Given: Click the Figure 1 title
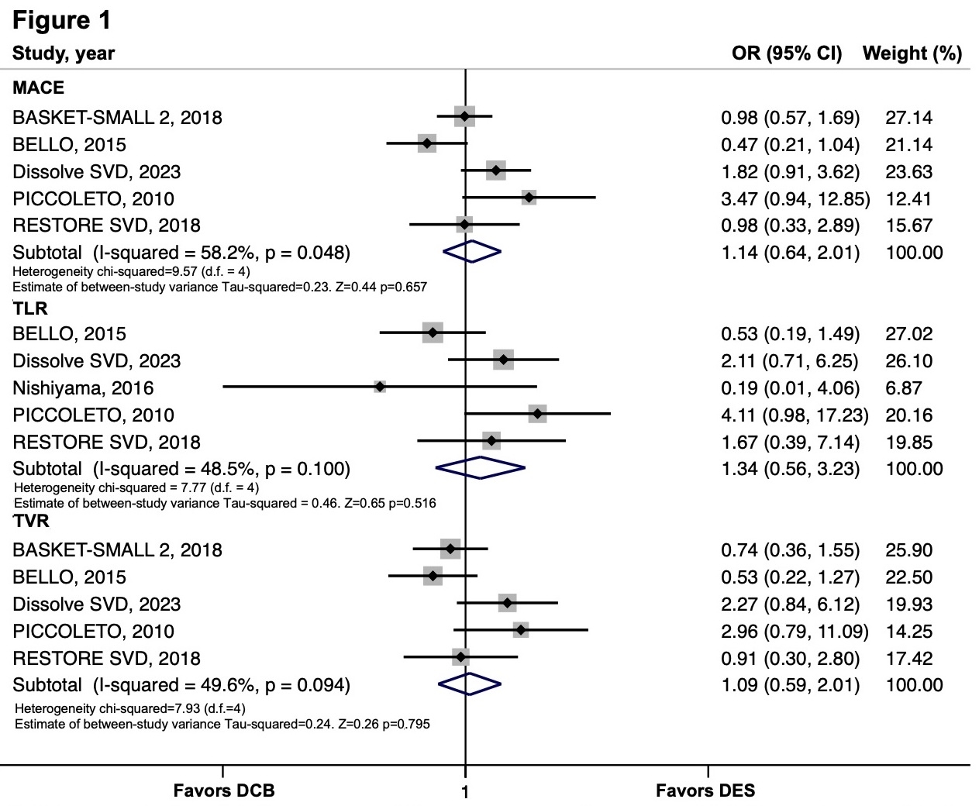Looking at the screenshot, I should click(x=62, y=20).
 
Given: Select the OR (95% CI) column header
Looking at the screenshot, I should click(x=786, y=53).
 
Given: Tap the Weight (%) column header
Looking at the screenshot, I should click(x=912, y=53).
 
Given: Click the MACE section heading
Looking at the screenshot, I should click(x=38, y=88).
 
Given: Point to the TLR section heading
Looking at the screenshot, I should click(x=30, y=308).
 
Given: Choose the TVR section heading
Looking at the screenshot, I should click(x=31, y=522).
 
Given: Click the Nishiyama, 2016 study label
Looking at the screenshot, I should click(x=83, y=388).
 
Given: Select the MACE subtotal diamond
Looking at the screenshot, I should click(x=471, y=252).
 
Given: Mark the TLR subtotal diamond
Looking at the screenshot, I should click(x=481, y=468).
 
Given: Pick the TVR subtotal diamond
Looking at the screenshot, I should click(x=470, y=684).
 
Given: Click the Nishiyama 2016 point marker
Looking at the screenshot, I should click(x=380, y=387).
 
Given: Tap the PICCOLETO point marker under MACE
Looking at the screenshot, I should click(x=529, y=198).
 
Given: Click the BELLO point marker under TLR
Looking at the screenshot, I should click(x=433, y=333).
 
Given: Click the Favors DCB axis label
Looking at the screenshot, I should click(x=223, y=790).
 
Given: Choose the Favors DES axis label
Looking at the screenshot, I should click(x=705, y=790).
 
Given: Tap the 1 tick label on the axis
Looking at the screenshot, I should click(x=465, y=793).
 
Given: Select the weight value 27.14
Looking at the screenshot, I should click(x=908, y=118).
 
